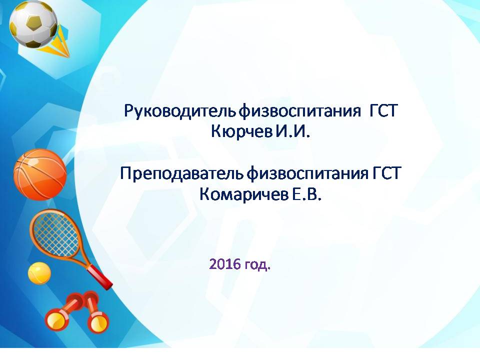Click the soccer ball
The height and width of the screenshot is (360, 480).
coord(33,24)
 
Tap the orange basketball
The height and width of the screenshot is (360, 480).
coord(40,175)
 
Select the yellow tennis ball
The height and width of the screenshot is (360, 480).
coord(39,273)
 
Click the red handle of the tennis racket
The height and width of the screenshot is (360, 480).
coord(100,277)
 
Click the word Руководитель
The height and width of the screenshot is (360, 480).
coord(179,110)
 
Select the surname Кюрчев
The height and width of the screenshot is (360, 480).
coord(241,132)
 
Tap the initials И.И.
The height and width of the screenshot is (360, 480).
coord(292,131)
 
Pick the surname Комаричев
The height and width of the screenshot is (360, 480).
coord(244,194)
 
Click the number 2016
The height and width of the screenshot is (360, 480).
coord(225,263)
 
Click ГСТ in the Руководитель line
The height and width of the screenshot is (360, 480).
coord(383,110)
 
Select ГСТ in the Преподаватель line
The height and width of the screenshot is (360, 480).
coord(386,173)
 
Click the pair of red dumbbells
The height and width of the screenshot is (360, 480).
coord(76,311)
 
